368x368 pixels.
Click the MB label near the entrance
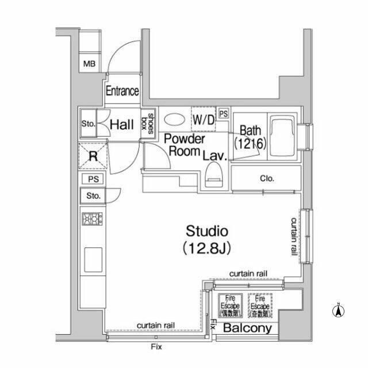pos(90,63)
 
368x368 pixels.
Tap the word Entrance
pos(122,91)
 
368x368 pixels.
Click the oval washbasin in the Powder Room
pos(174,120)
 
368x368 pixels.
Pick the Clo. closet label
pos(266,178)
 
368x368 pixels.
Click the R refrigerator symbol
pos(93,155)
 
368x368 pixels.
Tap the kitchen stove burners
pos(93,219)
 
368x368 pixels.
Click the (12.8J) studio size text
pos(207,248)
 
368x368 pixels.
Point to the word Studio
pos(207,232)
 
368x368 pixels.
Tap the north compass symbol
pos(339,311)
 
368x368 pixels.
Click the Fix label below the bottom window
pos(156,347)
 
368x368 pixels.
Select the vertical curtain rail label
pos(293,236)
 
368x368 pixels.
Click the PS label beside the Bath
pos(223,113)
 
